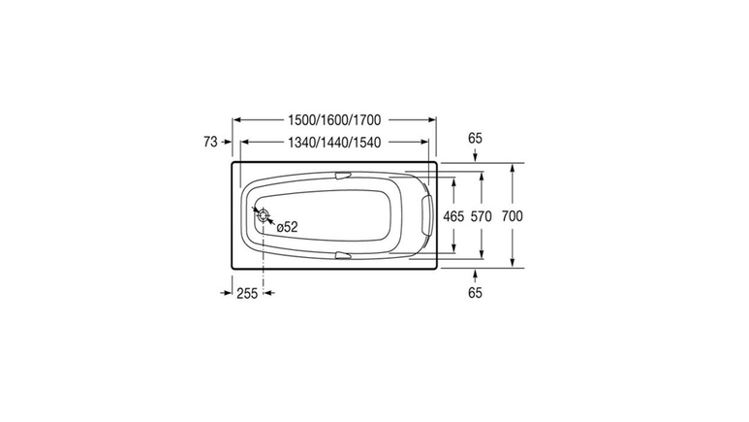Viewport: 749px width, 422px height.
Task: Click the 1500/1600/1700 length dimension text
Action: (x=334, y=119)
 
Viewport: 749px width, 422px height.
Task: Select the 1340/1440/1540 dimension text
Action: (x=334, y=142)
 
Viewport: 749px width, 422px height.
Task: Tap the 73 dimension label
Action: (x=210, y=142)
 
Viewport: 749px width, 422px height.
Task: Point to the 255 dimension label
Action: (x=247, y=293)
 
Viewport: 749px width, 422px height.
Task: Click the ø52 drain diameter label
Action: (x=287, y=227)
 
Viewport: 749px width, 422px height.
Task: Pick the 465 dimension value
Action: (x=453, y=216)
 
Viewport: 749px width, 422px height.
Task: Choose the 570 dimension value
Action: (x=481, y=216)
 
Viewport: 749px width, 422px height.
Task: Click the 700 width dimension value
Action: (x=512, y=216)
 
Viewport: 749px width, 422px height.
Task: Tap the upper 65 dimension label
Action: (x=475, y=139)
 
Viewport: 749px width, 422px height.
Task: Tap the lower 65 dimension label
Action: (x=475, y=292)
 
